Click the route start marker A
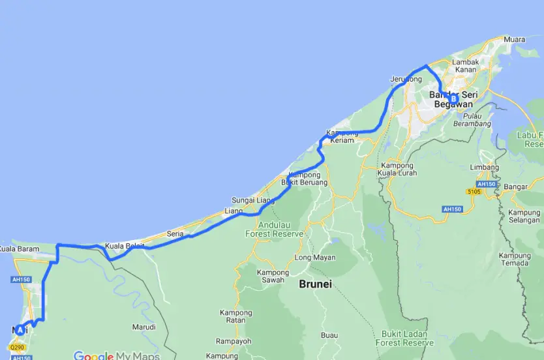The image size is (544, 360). click(x=20, y=329)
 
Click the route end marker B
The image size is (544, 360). click(x=454, y=99)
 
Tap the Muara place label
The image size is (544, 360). click(x=514, y=40)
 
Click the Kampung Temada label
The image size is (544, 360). click(x=514, y=260)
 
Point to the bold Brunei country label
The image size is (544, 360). click(x=316, y=284)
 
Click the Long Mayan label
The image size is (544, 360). click(x=314, y=258)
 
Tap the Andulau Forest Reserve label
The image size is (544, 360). click(x=274, y=229)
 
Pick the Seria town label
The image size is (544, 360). click(x=175, y=233)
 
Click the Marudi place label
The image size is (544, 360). click(x=144, y=327)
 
